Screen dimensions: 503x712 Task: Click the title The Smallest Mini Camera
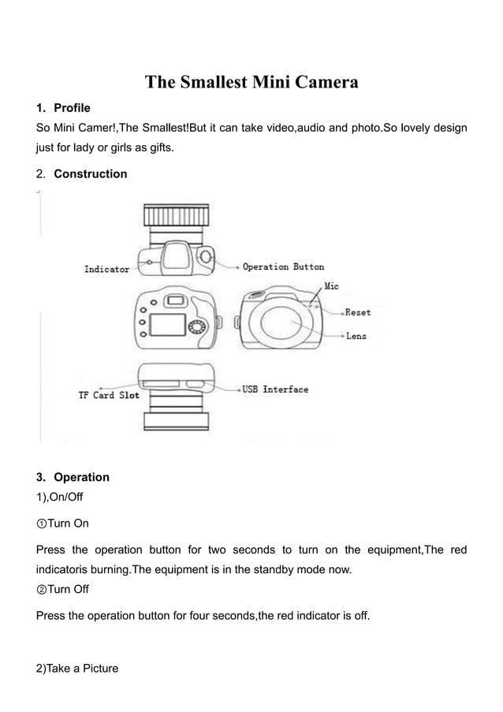[251, 82]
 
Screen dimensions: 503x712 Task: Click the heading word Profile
[72, 107]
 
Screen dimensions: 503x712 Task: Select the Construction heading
[90, 173]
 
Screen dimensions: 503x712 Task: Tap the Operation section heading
[81, 477]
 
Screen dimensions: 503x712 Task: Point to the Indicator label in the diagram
[106, 270]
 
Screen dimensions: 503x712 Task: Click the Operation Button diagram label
[283, 267]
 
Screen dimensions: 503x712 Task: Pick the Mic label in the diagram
[332, 286]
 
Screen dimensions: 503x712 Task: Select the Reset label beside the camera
[357, 312]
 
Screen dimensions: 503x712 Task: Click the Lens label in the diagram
[356, 336]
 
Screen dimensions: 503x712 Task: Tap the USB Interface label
[275, 390]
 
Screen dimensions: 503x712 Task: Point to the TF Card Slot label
[108, 395]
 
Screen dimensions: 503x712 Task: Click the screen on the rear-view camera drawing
[167, 324]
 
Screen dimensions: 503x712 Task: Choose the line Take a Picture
[77, 669]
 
